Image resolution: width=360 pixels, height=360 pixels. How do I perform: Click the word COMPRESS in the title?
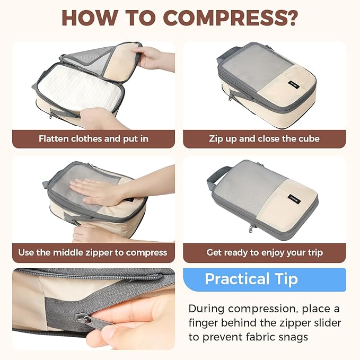pyautogui.click(x=229, y=17)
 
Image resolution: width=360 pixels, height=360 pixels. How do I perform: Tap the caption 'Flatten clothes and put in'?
pyautogui.click(x=93, y=139)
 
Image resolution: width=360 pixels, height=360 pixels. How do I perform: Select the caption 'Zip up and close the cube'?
pyautogui.click(x=264, y=139)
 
